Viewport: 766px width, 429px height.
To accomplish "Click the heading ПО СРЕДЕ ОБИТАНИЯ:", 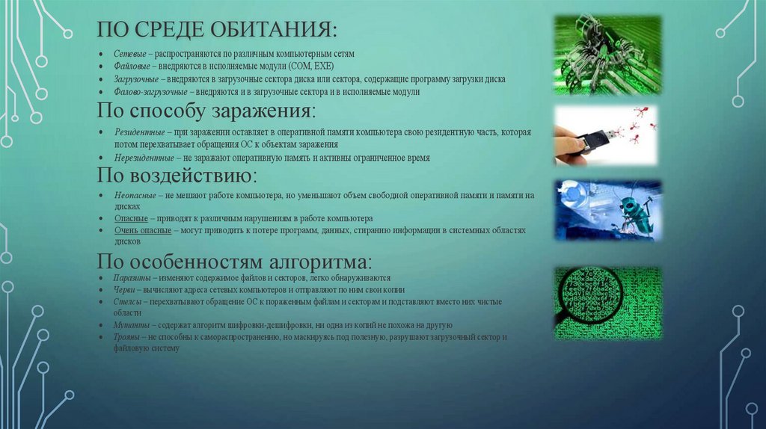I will pos(217,31).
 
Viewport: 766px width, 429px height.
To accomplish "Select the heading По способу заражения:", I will pos(206,111).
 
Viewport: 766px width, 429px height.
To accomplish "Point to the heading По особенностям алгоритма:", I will pos(234,262).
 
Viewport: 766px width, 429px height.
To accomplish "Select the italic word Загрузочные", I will pos(135,79).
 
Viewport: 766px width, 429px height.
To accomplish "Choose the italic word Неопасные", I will pos(134,195).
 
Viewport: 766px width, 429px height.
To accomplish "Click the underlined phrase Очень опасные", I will pos(142,231).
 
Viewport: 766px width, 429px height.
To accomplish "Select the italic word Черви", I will pos(125,290).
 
